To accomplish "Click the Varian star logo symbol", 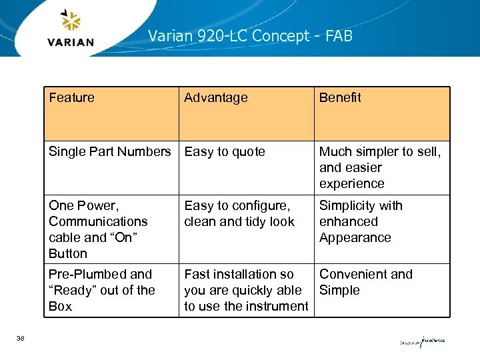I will pos(71,21).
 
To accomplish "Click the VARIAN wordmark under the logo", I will pos(71,42).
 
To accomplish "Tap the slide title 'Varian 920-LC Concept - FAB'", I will pos(250,35).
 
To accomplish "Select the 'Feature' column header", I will pos(71,97).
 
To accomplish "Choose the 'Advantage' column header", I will pos(215,97).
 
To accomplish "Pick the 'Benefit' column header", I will pos(340,97).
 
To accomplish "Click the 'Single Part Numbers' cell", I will pos(109,151).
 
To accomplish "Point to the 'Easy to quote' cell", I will pos(225,151).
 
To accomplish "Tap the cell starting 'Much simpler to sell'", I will pos(380,167).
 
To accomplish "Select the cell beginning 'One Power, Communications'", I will pos(98,229).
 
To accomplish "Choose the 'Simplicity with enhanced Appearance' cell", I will pos(361,221).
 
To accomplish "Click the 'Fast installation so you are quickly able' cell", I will pos(246,290).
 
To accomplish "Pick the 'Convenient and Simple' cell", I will pos(365,282).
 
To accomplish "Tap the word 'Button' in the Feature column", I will pos(68,253).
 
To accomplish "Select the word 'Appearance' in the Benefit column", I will pos(355,237).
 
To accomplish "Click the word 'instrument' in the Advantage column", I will pos(276,306).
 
